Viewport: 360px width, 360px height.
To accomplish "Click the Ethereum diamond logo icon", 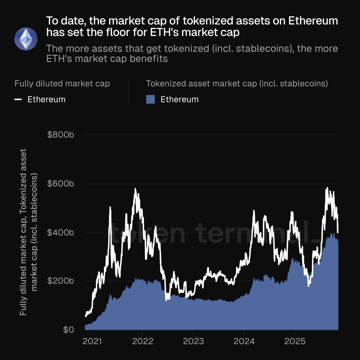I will coord(26,39).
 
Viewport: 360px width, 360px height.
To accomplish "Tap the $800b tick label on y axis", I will coord(61,135).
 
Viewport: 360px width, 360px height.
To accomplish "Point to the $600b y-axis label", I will coord(61,184).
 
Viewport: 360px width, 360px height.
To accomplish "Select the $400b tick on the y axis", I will coord(61,232).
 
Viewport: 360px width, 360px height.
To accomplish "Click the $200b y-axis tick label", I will coord(61,281).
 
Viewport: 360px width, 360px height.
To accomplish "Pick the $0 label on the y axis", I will coord(68,330).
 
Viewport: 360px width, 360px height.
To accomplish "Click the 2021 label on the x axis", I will coord(92,341).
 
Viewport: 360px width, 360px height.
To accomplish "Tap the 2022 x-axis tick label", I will coord(143,341).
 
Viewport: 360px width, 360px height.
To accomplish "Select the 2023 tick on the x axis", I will coord(193,341).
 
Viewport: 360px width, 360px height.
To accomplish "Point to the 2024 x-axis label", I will coord(244,341).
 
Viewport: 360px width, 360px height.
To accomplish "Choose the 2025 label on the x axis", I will coord(295,341).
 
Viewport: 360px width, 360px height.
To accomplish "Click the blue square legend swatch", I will coord(150,99).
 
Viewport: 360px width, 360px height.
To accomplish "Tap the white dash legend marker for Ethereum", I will coord(18,99).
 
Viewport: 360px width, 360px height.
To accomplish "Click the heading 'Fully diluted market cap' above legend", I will coord(62,83).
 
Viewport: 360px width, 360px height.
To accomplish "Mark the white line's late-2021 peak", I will coord(135,189).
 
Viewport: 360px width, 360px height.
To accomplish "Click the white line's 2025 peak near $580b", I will coord(327,188).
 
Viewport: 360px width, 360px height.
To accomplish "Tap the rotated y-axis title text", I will coord(28,232).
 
